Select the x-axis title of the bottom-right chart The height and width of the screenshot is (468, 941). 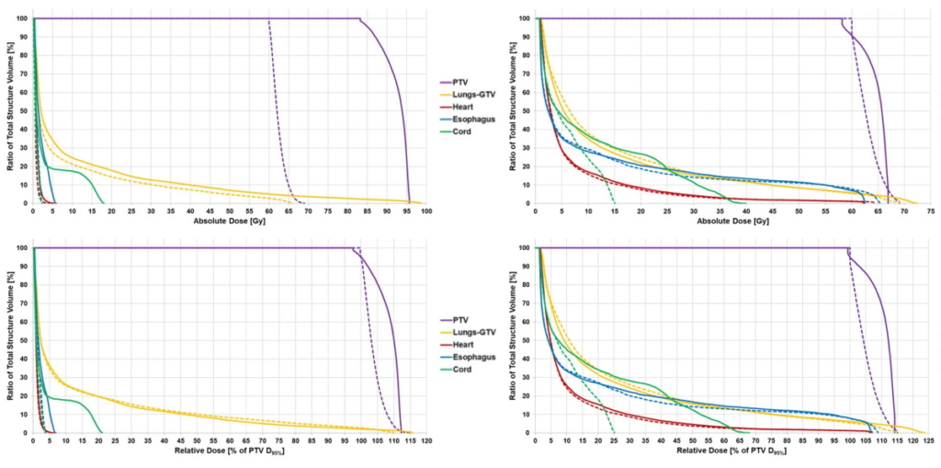[732, 451]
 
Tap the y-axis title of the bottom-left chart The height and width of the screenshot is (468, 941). [9, 340]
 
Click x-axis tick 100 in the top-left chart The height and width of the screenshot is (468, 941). [426, 211]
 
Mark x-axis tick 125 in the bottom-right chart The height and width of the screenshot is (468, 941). [928, 441]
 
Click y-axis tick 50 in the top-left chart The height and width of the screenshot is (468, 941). [23, 110]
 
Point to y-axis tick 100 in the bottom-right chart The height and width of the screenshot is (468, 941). [524, 248]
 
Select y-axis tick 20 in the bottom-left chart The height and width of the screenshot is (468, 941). [23, 396]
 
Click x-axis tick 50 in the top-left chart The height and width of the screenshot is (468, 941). [230, 211]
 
